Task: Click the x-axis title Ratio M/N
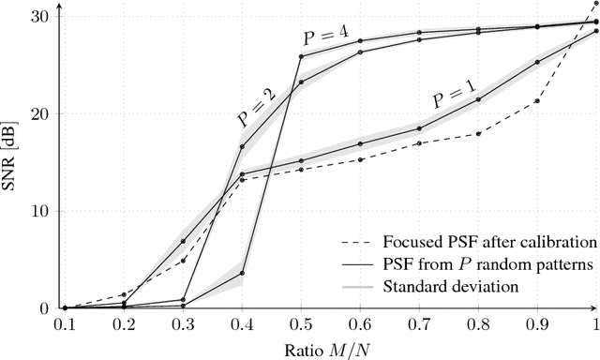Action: click(x=329, y=349)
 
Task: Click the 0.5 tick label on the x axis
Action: click(x=300, y=324)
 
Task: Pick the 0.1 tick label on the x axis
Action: click(x=64, y=324)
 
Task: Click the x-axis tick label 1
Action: click(x=595, y=324)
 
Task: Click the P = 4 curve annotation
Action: click(x=325, y=37)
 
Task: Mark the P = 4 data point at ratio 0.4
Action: click(x=242, y=274)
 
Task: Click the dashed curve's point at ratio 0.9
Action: click(x=537, y=101)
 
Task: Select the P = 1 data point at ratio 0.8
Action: click(x=478, y=99)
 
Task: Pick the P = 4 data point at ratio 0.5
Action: click(x=301, y=56)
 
